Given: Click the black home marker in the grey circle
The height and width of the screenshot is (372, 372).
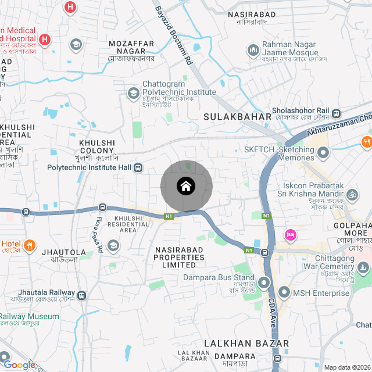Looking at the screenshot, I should click(x=186, y=187).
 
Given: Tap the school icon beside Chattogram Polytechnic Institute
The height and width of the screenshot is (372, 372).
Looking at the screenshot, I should click(x=133, y=93).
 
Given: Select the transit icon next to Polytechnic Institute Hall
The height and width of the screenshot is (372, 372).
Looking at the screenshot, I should click(x=138, y=168).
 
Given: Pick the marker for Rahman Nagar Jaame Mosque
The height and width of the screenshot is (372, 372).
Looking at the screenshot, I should click(x=253, y=51).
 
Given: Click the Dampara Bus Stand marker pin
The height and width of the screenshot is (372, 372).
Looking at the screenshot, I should click(x=264, y=283).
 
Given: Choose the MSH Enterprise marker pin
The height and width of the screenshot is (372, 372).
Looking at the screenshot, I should click(x=284, y=292).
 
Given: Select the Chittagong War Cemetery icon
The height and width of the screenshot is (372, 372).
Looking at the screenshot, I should click(x=363, y=268).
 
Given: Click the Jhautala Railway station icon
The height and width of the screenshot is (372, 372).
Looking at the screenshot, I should click(x=82, y=295).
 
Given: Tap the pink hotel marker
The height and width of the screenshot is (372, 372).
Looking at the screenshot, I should click(x=290, y=235).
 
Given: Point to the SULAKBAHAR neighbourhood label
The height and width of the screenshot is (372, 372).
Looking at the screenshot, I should click(x=238, y=117).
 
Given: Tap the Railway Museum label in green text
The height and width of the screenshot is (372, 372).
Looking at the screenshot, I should click(x=29, y=317).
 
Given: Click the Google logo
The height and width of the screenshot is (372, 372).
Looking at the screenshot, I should click(x=19, y=364).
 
